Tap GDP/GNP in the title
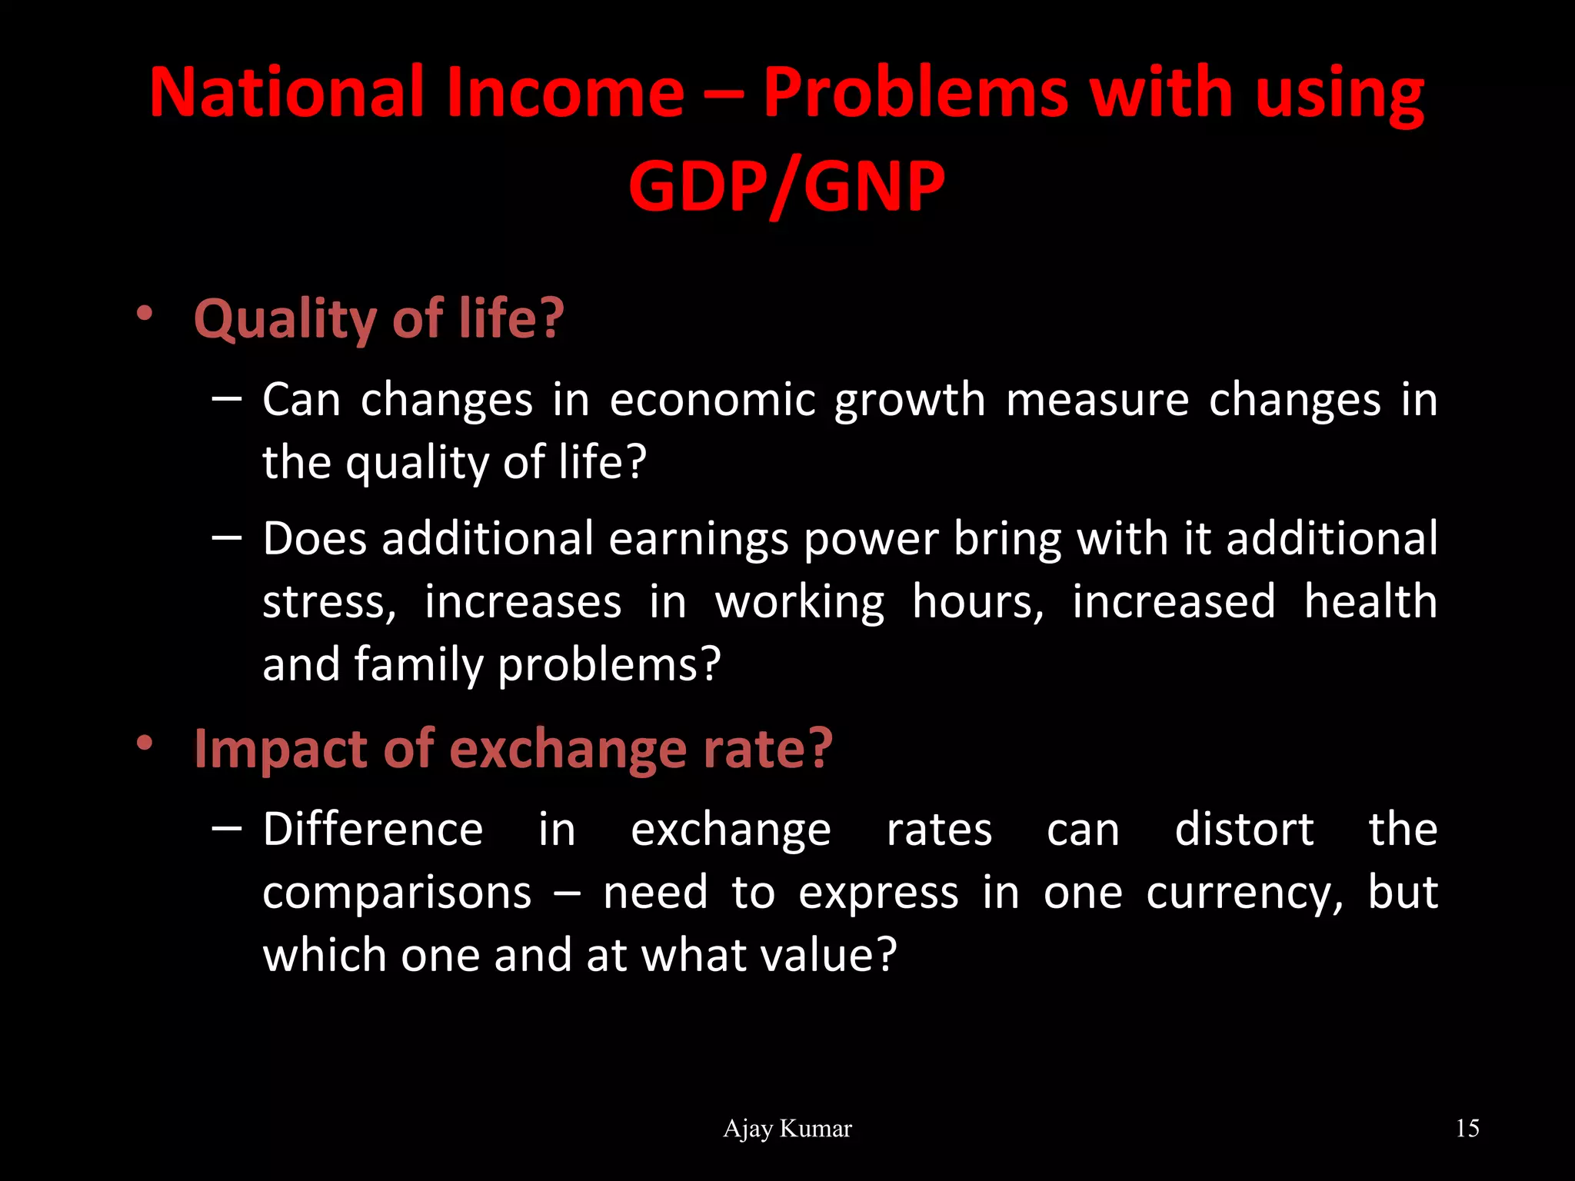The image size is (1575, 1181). coord(786,186)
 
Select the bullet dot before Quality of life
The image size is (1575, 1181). coord(144,314)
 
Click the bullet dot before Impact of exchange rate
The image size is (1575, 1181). coord(144,744)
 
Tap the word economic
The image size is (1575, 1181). coord(712,400)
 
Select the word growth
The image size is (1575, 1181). coord(910,401)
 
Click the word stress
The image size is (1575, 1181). coord(329,602)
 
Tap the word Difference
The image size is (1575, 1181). coord(373,830)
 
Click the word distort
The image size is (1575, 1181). coord(1244,830)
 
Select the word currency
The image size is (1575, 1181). coord(1244,894)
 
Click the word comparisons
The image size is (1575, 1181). coord(397,894)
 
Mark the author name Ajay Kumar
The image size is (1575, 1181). coord(787,1129)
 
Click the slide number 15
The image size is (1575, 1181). coord(1467,1129)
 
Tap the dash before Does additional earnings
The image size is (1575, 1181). coord(226,538)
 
